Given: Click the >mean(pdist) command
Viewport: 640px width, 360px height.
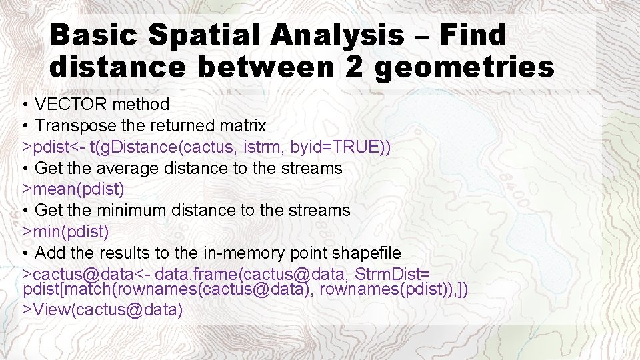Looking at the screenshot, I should pos(74,189).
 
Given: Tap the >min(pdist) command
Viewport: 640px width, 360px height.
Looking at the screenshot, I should pos(66,232).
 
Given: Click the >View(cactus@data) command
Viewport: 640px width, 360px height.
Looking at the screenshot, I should pos(103,309).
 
